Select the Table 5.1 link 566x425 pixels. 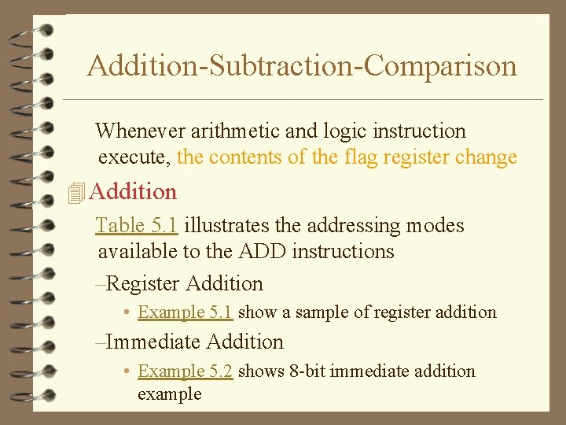[137, 226]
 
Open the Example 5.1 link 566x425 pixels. [185, 312]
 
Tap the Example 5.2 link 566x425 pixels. [185, 371]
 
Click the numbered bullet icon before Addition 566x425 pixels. [75, 192]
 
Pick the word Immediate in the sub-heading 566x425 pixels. [153, 342]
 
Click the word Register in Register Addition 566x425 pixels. [142, 284]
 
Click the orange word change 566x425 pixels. [486, 157]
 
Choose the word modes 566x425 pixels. [434, 226]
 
